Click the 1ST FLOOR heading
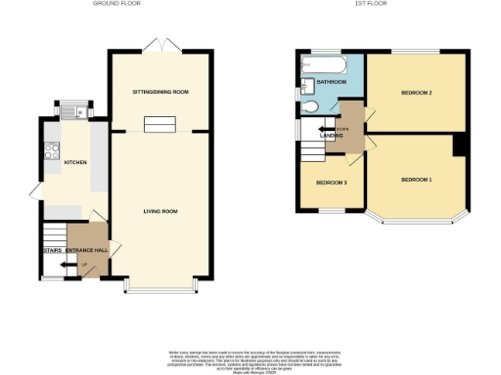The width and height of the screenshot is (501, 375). click(367, 4)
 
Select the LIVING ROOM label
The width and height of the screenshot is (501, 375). click(159, 211)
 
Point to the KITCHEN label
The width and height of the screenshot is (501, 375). click(75, 162)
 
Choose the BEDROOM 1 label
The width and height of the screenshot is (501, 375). click(416, 180)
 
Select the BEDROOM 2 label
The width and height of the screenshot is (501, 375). click(416, 93)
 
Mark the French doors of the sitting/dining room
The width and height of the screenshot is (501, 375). click(159, 45)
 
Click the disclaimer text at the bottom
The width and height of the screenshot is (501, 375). click(250, 358)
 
